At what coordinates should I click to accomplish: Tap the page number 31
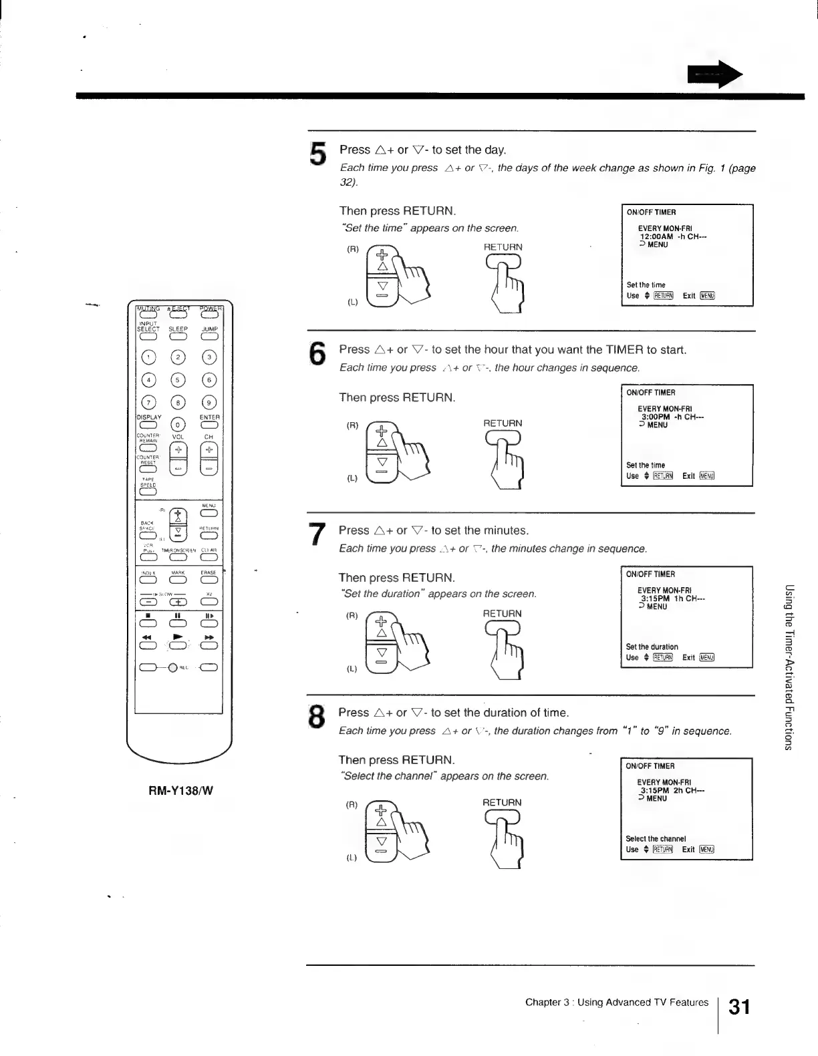coord(739,1007)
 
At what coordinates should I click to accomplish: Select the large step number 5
coord(318,154)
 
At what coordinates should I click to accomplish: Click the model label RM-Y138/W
coord(180,791)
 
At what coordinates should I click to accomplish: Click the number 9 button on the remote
coord(209,403)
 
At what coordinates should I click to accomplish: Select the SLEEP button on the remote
coord(178,337)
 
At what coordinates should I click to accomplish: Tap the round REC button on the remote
coord(173,667)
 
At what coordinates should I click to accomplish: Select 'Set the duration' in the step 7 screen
coord(652,647)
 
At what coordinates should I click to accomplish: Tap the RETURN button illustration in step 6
coord(503,437)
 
